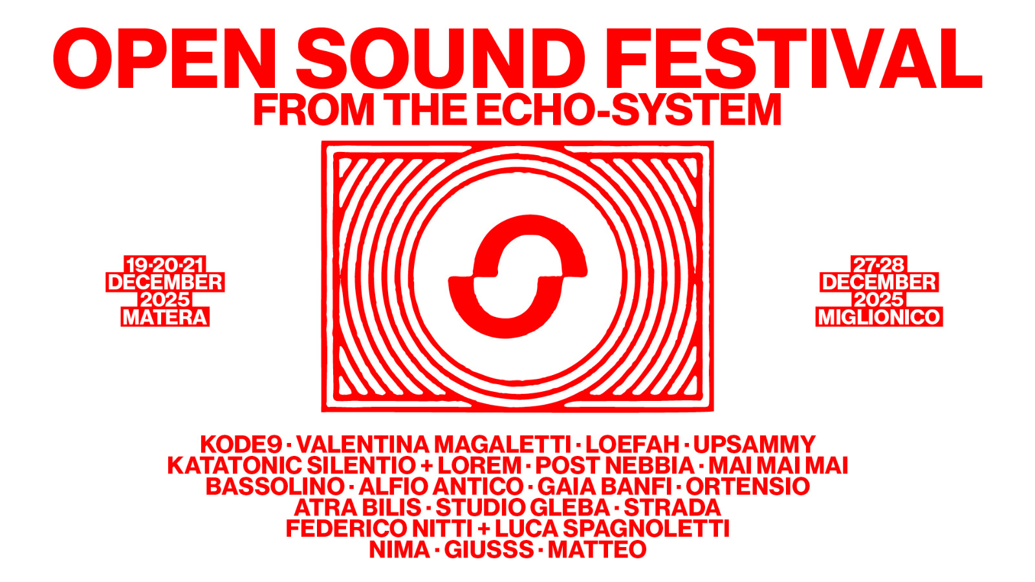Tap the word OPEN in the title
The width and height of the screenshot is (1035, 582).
[x=164, y=58]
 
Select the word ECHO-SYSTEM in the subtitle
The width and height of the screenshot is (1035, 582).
[x=629, y=109]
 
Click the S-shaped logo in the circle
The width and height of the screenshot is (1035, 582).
[x=517, y=276]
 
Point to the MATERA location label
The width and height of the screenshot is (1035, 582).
[x=165, y=317]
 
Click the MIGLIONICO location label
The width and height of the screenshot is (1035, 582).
[x=879, y=317]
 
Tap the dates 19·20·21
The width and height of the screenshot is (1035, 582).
[x=165, y=265]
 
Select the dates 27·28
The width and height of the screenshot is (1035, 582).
[x=879, y=265]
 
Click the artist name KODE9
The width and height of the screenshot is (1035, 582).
[x=241, y=444]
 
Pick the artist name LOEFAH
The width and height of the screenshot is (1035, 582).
[x=633, y=444]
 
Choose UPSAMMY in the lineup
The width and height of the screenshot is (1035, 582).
[x=754, y=444]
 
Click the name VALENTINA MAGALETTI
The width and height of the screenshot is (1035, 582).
[x=434, y=444]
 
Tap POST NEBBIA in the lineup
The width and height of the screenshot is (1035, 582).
[x=615, y=465]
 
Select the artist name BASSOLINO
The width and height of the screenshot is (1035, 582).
[x=275, y=486]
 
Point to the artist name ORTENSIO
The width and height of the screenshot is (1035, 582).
[x=748, y=486]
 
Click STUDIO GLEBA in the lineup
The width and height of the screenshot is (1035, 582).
[x=523, y=507]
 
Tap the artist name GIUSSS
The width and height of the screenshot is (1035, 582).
[x=489, y=550]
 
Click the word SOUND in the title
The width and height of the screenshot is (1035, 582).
[x=441, y=58]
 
